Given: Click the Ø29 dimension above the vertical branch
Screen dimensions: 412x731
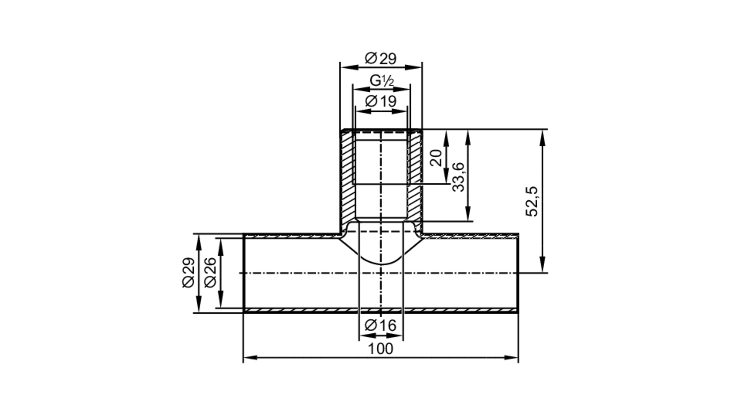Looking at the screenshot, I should (380, 58).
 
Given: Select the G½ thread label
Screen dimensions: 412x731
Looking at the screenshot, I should (381, 81).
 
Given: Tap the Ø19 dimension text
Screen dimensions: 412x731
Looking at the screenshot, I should (380, 101).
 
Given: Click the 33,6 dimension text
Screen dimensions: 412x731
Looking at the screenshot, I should (458, 177).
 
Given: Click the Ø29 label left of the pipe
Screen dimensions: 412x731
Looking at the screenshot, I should (189, 273).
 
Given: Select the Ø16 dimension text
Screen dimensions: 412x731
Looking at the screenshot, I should (380, 325).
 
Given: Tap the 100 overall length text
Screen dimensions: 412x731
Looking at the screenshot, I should (380, 349).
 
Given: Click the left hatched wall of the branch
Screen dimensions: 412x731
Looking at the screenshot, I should (347, 175).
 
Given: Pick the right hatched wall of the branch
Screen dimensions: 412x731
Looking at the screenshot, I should (415, 175).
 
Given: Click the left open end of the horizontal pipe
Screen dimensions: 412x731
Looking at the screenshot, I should (244, 273).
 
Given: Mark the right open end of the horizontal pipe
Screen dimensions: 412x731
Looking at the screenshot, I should (518, 273).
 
